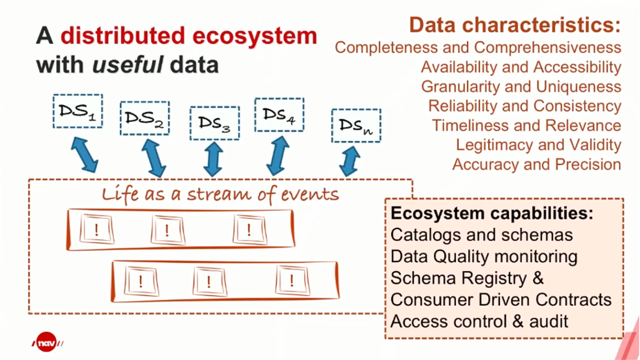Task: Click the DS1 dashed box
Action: pos(78,111)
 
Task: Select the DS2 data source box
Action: pos(144,118)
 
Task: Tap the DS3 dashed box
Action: pos(214,123)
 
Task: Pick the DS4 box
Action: pos(279,115)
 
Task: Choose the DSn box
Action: pos(356,126)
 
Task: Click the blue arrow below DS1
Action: pos(84,154)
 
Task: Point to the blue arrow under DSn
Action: pos(349,161)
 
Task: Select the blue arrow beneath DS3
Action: pos(213,159)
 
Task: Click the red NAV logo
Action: pos(47,342)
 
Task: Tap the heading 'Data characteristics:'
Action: pos(515,25)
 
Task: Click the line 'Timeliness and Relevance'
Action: pos(526,125)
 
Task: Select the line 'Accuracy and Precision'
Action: pos(536,164)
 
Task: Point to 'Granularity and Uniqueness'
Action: pos(521,86)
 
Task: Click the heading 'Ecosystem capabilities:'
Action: pos(492,213)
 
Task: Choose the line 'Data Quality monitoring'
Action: pos(483,256)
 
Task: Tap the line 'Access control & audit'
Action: pos(479,321)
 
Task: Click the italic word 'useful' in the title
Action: pos(127,65)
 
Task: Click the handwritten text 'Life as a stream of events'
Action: pos(220,194)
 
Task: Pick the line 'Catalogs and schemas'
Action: pos(481,235)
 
